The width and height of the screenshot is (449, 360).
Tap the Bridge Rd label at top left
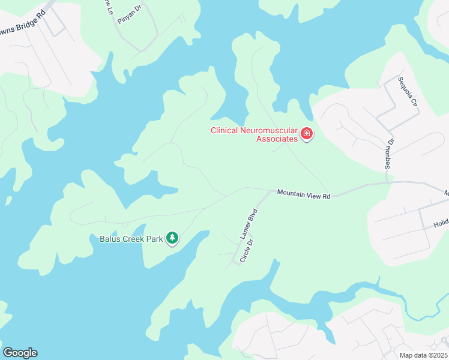coord(28,23)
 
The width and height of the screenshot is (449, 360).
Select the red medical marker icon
coord(307,133)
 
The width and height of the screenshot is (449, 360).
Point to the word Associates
coord(277,139)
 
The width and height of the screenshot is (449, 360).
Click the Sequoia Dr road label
coord(390,154)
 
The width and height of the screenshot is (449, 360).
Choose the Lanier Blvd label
coord(249,224)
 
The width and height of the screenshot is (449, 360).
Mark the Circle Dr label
coord(246,251)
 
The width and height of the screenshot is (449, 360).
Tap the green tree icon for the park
coord(173,238)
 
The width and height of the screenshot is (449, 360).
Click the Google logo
coord(20,353)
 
